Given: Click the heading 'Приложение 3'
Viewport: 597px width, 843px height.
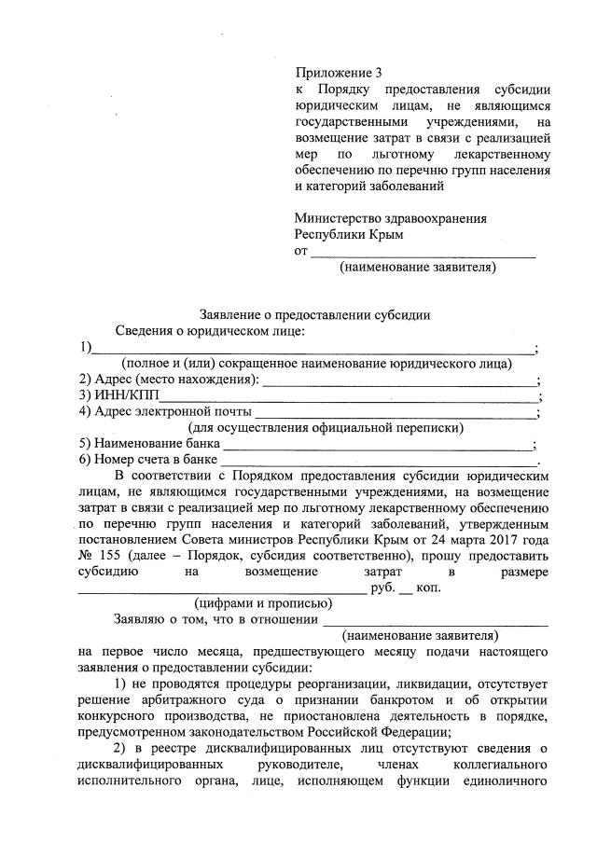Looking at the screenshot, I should click(x=339, y=72).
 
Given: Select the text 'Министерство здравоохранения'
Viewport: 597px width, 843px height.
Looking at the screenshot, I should click(x=390, y=218).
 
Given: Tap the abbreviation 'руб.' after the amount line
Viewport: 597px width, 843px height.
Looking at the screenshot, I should click(x=382, y=587).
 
